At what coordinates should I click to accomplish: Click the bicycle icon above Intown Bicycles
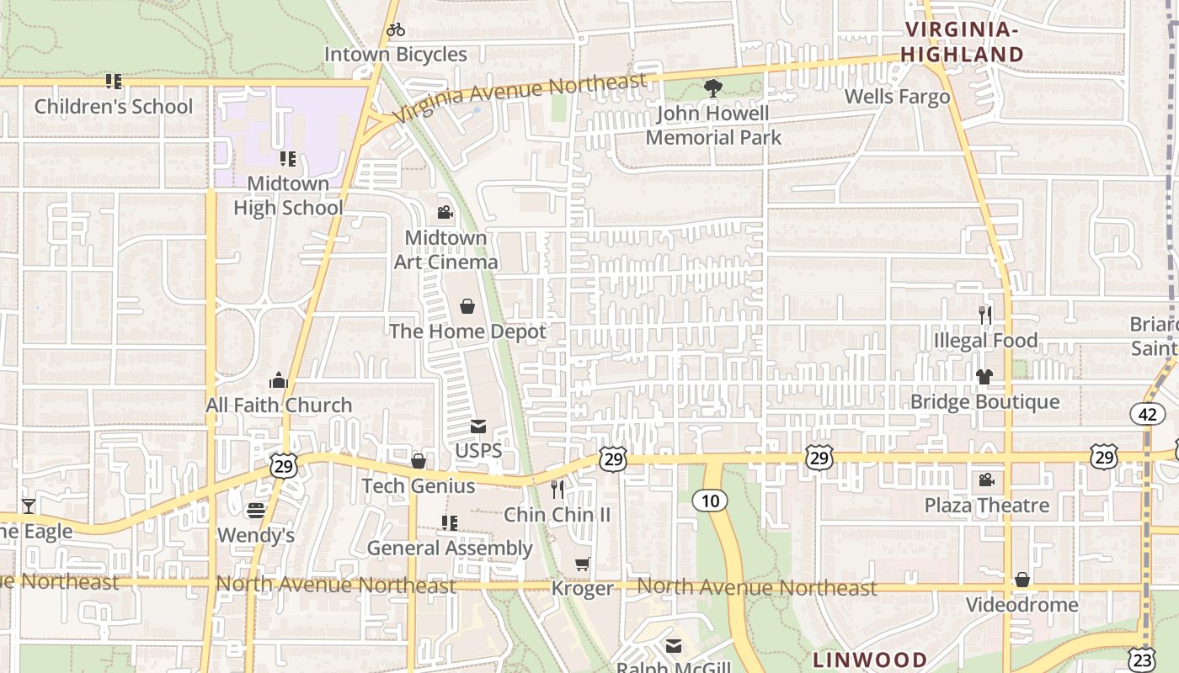(x=395, y=30)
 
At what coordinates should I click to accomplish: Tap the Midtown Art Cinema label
(x=446, y=250)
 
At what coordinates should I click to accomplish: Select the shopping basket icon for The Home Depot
(x=467, y=306)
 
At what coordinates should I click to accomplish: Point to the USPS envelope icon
(x=478, y=427)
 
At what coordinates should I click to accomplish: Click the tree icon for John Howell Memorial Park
(x=713, y=87)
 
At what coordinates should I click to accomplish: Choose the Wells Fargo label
(x=897, y=97)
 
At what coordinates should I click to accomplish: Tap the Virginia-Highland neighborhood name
(x=963, y=42)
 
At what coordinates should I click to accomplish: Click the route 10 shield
(x=710, y=501)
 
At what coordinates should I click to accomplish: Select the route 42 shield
(x=1147, y=414)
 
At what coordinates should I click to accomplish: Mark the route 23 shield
(x=1141, y=657)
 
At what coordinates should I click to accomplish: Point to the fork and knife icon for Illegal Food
(x=985, y=315)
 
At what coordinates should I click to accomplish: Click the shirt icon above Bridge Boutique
(x=984, y=377)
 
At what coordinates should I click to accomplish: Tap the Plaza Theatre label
(x=987, y=506)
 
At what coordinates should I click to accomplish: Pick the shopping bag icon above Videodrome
(x=1022, y=580)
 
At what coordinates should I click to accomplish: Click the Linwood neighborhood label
(x=870, y=660)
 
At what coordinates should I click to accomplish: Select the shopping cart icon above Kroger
(x=582, y=564)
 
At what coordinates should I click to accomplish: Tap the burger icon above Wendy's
(x=256, y=511)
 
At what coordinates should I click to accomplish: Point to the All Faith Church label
(x=279, y=405)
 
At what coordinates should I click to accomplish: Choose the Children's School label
(x=114, y=107)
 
